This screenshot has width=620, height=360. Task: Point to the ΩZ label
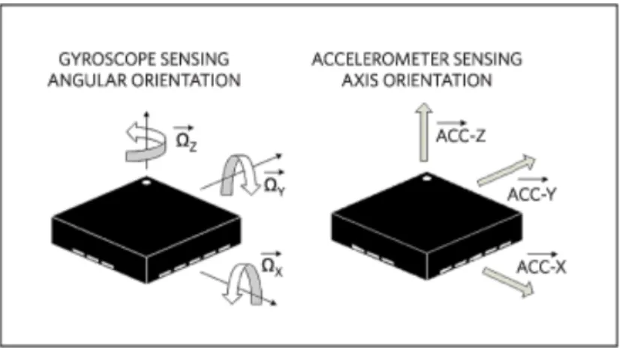(186, 139)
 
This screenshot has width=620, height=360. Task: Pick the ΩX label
(272, 265)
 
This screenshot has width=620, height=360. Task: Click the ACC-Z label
(461, 133)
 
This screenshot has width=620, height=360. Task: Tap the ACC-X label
(542, 263)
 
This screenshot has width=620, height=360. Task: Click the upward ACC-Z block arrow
(424, 133)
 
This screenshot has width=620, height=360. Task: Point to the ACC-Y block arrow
(507, 170)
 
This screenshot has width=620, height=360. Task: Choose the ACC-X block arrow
(508, 282)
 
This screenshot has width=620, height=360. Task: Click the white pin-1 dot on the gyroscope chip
(146, 182)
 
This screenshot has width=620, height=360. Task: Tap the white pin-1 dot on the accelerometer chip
(426, 178)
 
